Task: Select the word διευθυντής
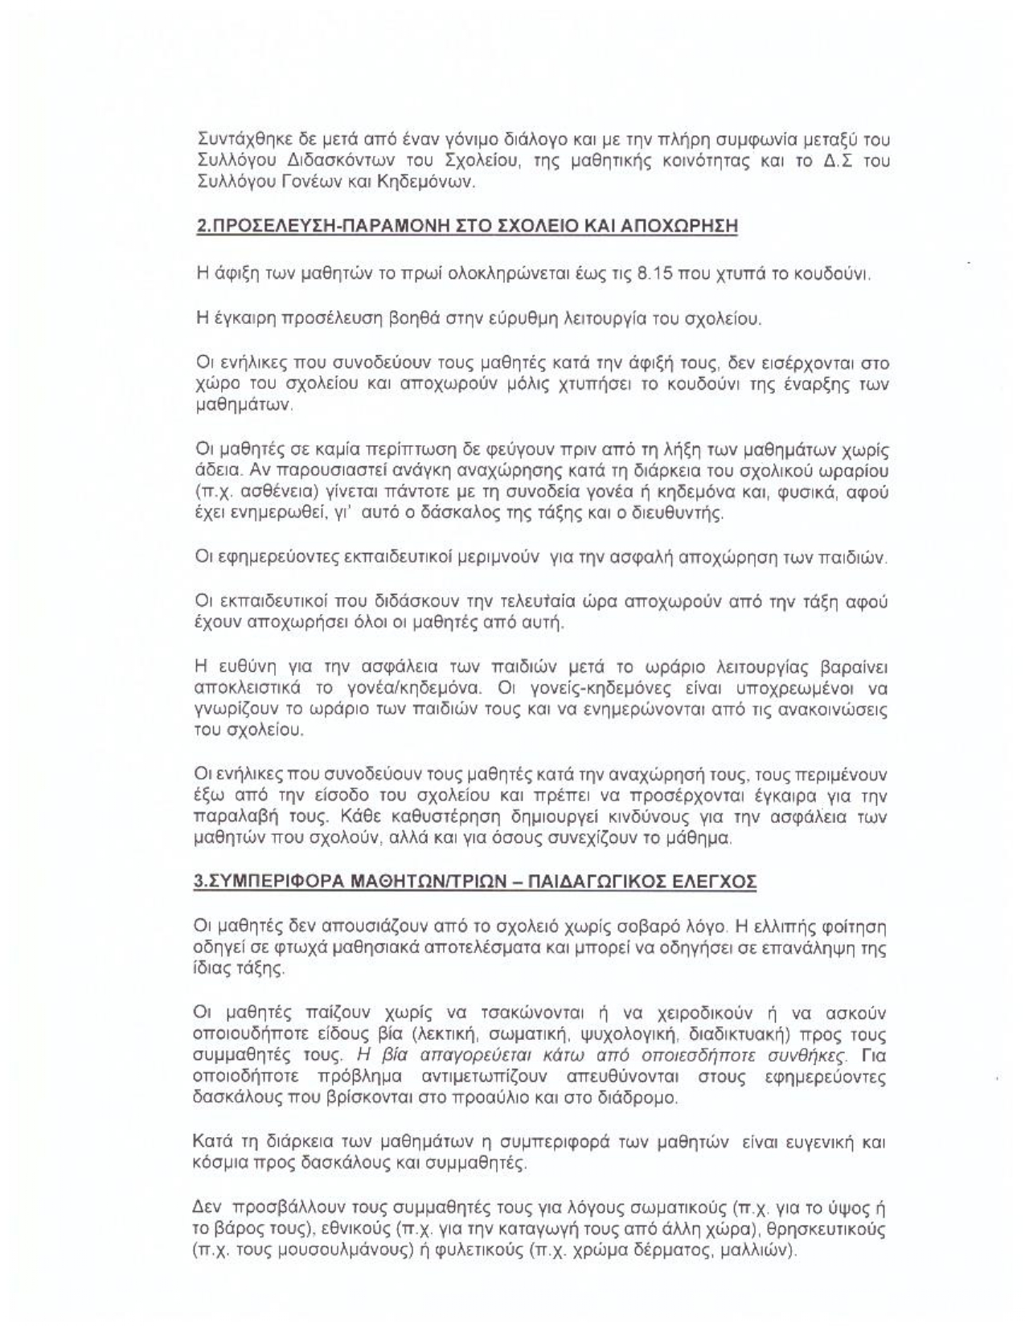[681, 513]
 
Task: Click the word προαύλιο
[508, 1097]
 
